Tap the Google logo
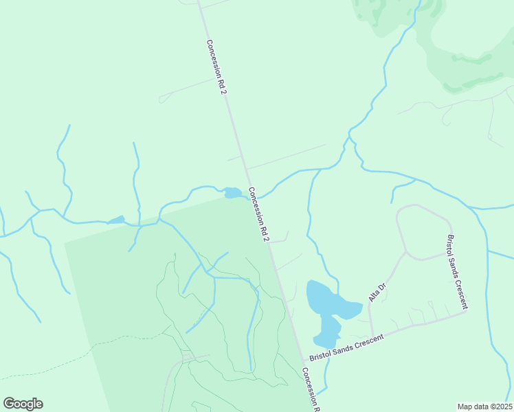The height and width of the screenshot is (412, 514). (x=23, y=404)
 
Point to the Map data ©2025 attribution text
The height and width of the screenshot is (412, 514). (x=484, y=407)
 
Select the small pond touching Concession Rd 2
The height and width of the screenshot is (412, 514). (x=234, y=193)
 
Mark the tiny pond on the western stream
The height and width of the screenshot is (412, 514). (x=116, y=220)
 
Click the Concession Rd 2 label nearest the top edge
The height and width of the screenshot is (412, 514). (x=216, y=67)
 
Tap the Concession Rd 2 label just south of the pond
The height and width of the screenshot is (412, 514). (x=258, y=214)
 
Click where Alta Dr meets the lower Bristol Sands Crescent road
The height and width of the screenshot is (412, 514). (x=371, y=336)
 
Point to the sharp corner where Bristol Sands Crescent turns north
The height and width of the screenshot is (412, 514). (x=467, y=311)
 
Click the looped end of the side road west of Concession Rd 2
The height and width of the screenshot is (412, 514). (x=162, y=100)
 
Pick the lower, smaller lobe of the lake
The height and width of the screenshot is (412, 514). (x=326, y=332)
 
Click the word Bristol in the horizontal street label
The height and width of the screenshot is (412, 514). (x=322, y=355)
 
